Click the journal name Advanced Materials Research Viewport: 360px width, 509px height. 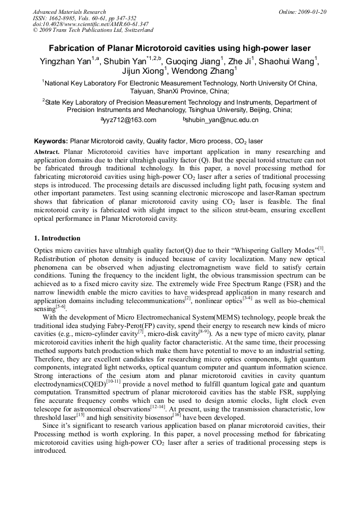click(69, 12)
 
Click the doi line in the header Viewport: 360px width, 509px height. click(90, 24)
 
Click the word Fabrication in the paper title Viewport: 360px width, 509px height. click(75, 48)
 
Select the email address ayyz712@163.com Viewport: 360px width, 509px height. click(128, 120)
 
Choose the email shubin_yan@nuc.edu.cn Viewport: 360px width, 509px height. click(220, 120)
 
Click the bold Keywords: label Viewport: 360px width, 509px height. click(50, 141)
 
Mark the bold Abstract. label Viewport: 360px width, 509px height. click(48, 151)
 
